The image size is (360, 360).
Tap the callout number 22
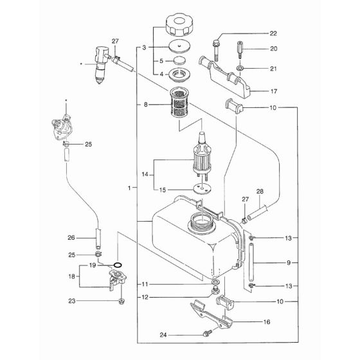[x=273, y=33]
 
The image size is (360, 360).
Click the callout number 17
[x=273, y=92]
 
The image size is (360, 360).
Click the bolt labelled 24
[x=206, y=333]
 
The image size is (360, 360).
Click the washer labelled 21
[x=240, y=66]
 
